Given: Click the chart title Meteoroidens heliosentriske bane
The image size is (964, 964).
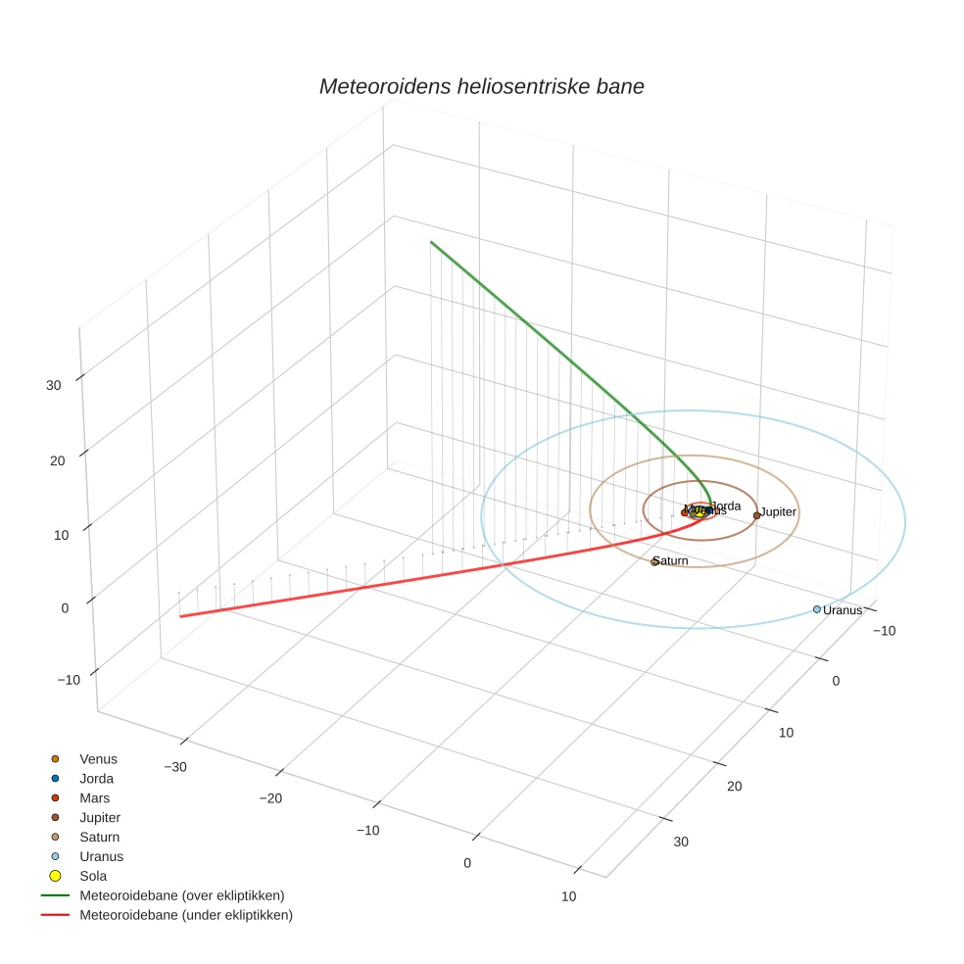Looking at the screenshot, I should click(481, 86).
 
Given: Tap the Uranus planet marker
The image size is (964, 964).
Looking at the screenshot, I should click(817, 609).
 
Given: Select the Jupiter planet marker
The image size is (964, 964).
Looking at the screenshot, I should click(756, 515).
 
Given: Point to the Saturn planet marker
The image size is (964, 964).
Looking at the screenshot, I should click(654, 561).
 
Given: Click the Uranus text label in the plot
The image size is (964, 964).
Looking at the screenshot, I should click(843, 610).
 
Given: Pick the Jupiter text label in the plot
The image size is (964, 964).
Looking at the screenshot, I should click(779, 512).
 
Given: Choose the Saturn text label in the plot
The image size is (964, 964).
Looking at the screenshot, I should click(672, 561).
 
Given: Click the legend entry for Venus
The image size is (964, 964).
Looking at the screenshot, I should click(98, 759).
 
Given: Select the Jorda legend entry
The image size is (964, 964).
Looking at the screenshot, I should click(96, 779).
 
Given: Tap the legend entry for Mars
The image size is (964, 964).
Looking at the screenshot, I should click(94, 798).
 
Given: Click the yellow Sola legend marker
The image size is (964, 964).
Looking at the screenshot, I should click(55, 876).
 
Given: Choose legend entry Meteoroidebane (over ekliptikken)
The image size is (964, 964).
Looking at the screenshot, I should click(181, 895).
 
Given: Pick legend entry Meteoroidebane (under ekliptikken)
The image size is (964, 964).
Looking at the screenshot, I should click(185, 915).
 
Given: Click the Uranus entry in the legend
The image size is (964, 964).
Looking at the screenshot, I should click(101, 856).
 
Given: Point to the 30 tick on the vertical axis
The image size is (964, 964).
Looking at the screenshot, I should click(54, 385).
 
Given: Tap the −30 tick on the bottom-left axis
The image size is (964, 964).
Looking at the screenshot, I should click(175, 766).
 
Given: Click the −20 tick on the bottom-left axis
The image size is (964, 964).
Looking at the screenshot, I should click(270, 798).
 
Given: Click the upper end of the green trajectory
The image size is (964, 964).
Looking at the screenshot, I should click(431, 241).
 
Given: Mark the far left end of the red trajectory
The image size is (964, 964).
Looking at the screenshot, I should click(180, 616).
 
